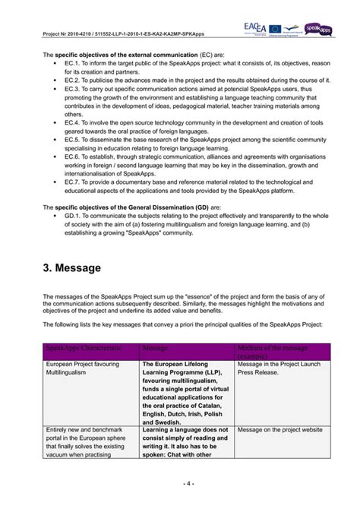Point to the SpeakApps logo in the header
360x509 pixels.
[x=321, y=28]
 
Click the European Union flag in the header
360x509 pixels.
[x=278, y=27]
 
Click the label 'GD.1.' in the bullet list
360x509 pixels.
[x=73, y=215]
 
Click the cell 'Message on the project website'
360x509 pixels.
[x=279, y=429]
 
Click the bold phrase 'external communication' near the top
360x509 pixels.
[x=153, y=55]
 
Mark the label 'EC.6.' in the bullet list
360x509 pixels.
[x=72, y=156]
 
